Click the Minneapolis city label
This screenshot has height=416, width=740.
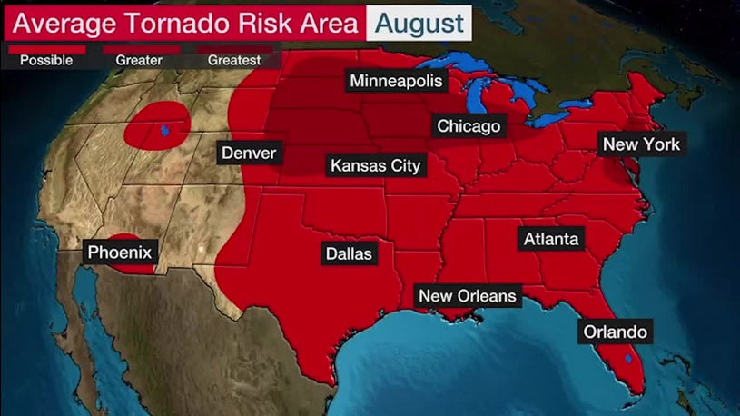(397, 82)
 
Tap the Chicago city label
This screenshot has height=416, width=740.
(469, 126)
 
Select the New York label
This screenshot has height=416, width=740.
(641, 144)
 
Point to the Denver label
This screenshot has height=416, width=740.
(249, 153)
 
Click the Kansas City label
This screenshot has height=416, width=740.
(375, 165)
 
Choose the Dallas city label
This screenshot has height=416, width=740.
(349, 253)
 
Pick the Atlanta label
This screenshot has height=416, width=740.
(550, 240)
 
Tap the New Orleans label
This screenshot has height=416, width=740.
(466, 296)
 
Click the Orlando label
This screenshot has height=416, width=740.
(616, 332)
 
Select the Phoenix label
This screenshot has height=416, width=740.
(120, 252)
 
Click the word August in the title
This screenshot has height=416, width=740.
(419, 22)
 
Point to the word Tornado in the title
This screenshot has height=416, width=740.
(158, 23)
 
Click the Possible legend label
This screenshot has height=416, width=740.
(47, 61)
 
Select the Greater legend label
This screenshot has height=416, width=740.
(138, 61)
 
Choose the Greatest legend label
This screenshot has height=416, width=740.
(233, 61)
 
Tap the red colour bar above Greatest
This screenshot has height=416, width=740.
(234, 48)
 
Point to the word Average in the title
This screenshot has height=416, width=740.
(56, 23)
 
